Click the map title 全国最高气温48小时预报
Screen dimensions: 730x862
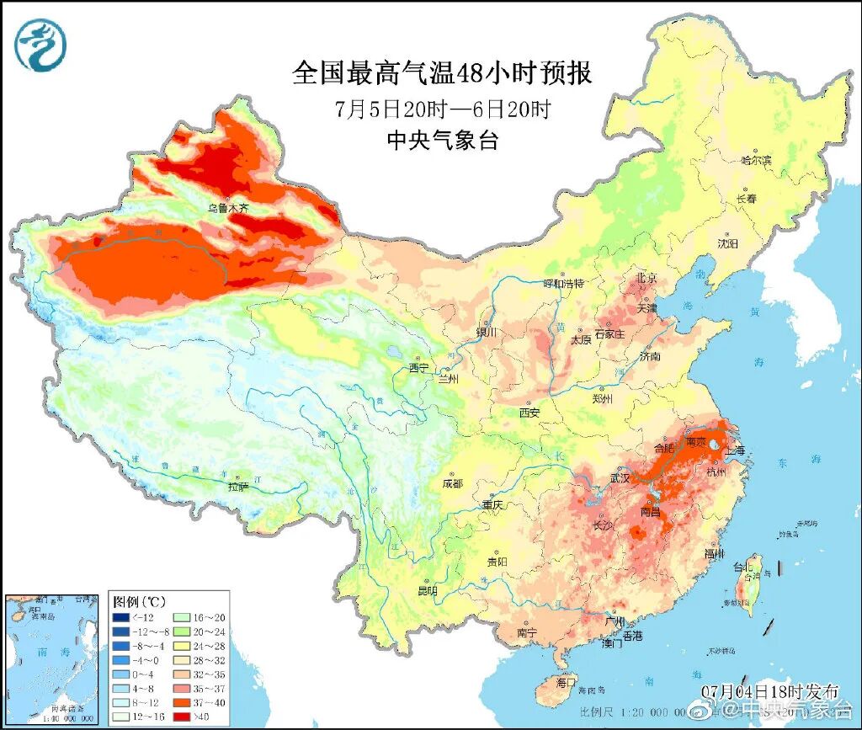pos(442,72)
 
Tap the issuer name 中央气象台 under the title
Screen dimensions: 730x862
pos(442,141)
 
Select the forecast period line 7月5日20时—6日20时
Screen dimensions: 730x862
pos(442,109)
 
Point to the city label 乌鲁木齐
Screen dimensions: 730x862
pos(229,207)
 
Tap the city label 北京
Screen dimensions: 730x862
pos(646,279)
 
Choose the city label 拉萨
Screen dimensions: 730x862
pos(238,486)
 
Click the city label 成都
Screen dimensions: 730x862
pos(452,483)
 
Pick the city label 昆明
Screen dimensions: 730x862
pos(427,591)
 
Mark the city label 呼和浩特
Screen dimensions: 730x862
pos(563,283)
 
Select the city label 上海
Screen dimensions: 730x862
pos(735,450)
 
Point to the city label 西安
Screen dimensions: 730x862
pos(529,413)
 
